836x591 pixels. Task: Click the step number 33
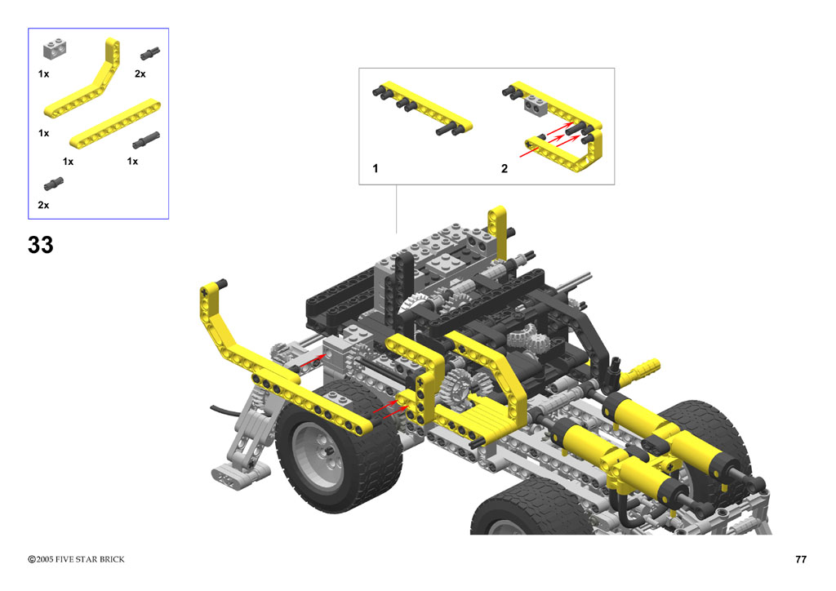[41, 245]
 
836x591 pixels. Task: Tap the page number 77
[800, 559]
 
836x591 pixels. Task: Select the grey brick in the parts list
[55, 49]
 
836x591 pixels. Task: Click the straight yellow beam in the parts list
[114, 123]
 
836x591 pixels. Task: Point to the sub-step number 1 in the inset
[376, 168]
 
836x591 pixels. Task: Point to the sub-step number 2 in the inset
[505, 168]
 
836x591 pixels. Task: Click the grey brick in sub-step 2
[536, 105]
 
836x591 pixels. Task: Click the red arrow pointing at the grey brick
[311, 360]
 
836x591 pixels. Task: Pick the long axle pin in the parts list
[146, 140]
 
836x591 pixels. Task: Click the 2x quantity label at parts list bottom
[43, 205]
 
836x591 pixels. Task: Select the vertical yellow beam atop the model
[497, 232]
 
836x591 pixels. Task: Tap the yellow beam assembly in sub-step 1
[422, 109]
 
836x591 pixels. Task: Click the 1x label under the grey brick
[44, 73]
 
